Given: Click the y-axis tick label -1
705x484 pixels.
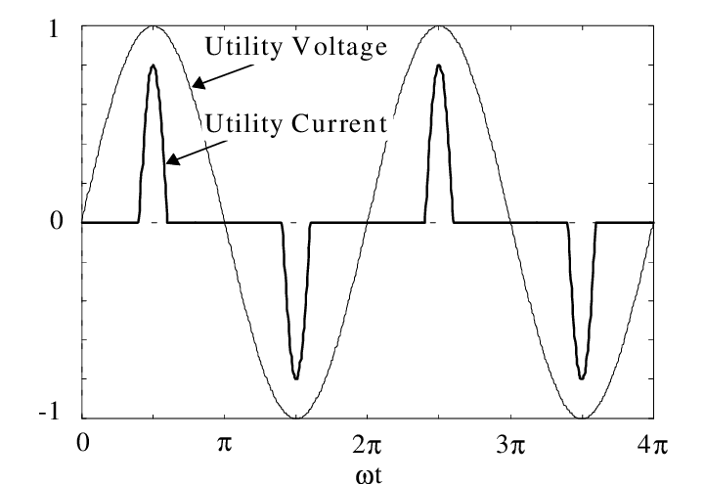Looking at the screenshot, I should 57,416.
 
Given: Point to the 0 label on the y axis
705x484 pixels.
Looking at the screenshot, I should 61,222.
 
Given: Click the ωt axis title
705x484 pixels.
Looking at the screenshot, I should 367,472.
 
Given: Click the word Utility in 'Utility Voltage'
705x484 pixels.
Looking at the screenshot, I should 239,46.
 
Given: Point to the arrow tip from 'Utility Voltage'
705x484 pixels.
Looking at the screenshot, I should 193,87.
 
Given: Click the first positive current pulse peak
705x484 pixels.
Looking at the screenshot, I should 153,66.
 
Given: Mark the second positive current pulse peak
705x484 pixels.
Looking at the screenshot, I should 438,66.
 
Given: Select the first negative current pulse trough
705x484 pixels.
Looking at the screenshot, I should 295,377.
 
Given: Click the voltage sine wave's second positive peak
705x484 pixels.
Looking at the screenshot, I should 438,26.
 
